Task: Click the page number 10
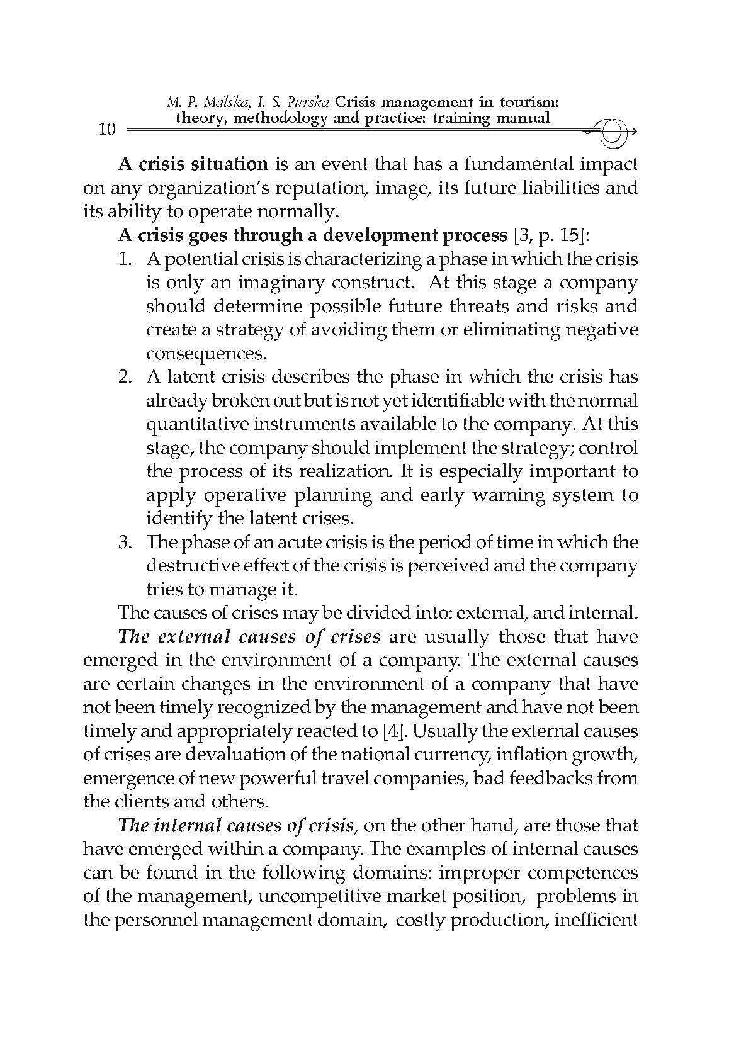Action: pyautogui.click(x=108, y=130)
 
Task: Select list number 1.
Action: pyautogui.click(x=125, y=259)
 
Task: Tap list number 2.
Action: pyautogui.click(x=125, y=377)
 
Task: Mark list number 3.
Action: pyautogui.click(x=125, y=542)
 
